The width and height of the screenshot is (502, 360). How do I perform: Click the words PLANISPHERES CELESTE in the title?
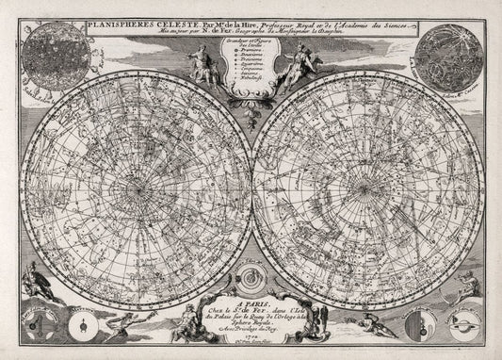click(122, 17)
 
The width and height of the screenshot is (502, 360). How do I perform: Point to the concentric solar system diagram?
click(251, 279)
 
